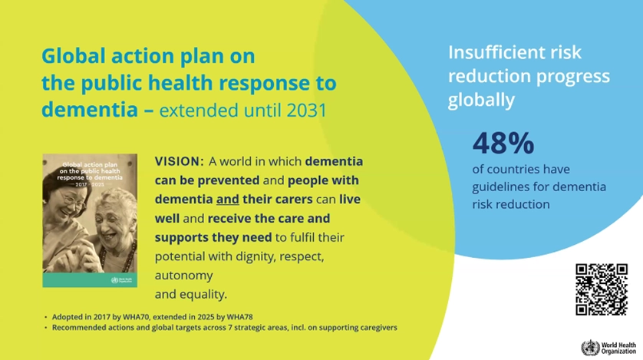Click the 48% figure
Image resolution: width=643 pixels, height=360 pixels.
503,143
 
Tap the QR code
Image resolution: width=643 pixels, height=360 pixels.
601,289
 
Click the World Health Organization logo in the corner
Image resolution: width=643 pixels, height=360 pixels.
608,348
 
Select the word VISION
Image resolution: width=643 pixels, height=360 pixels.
180,161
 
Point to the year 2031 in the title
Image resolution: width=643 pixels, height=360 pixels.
306,111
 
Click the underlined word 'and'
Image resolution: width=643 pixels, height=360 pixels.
228,200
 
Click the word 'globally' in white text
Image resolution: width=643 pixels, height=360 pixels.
481,100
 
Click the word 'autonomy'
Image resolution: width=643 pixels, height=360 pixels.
183,276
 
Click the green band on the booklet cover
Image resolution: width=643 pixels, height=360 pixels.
90,280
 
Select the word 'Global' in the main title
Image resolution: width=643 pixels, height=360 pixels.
74,56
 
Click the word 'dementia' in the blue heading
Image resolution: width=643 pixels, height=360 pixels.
90,110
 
